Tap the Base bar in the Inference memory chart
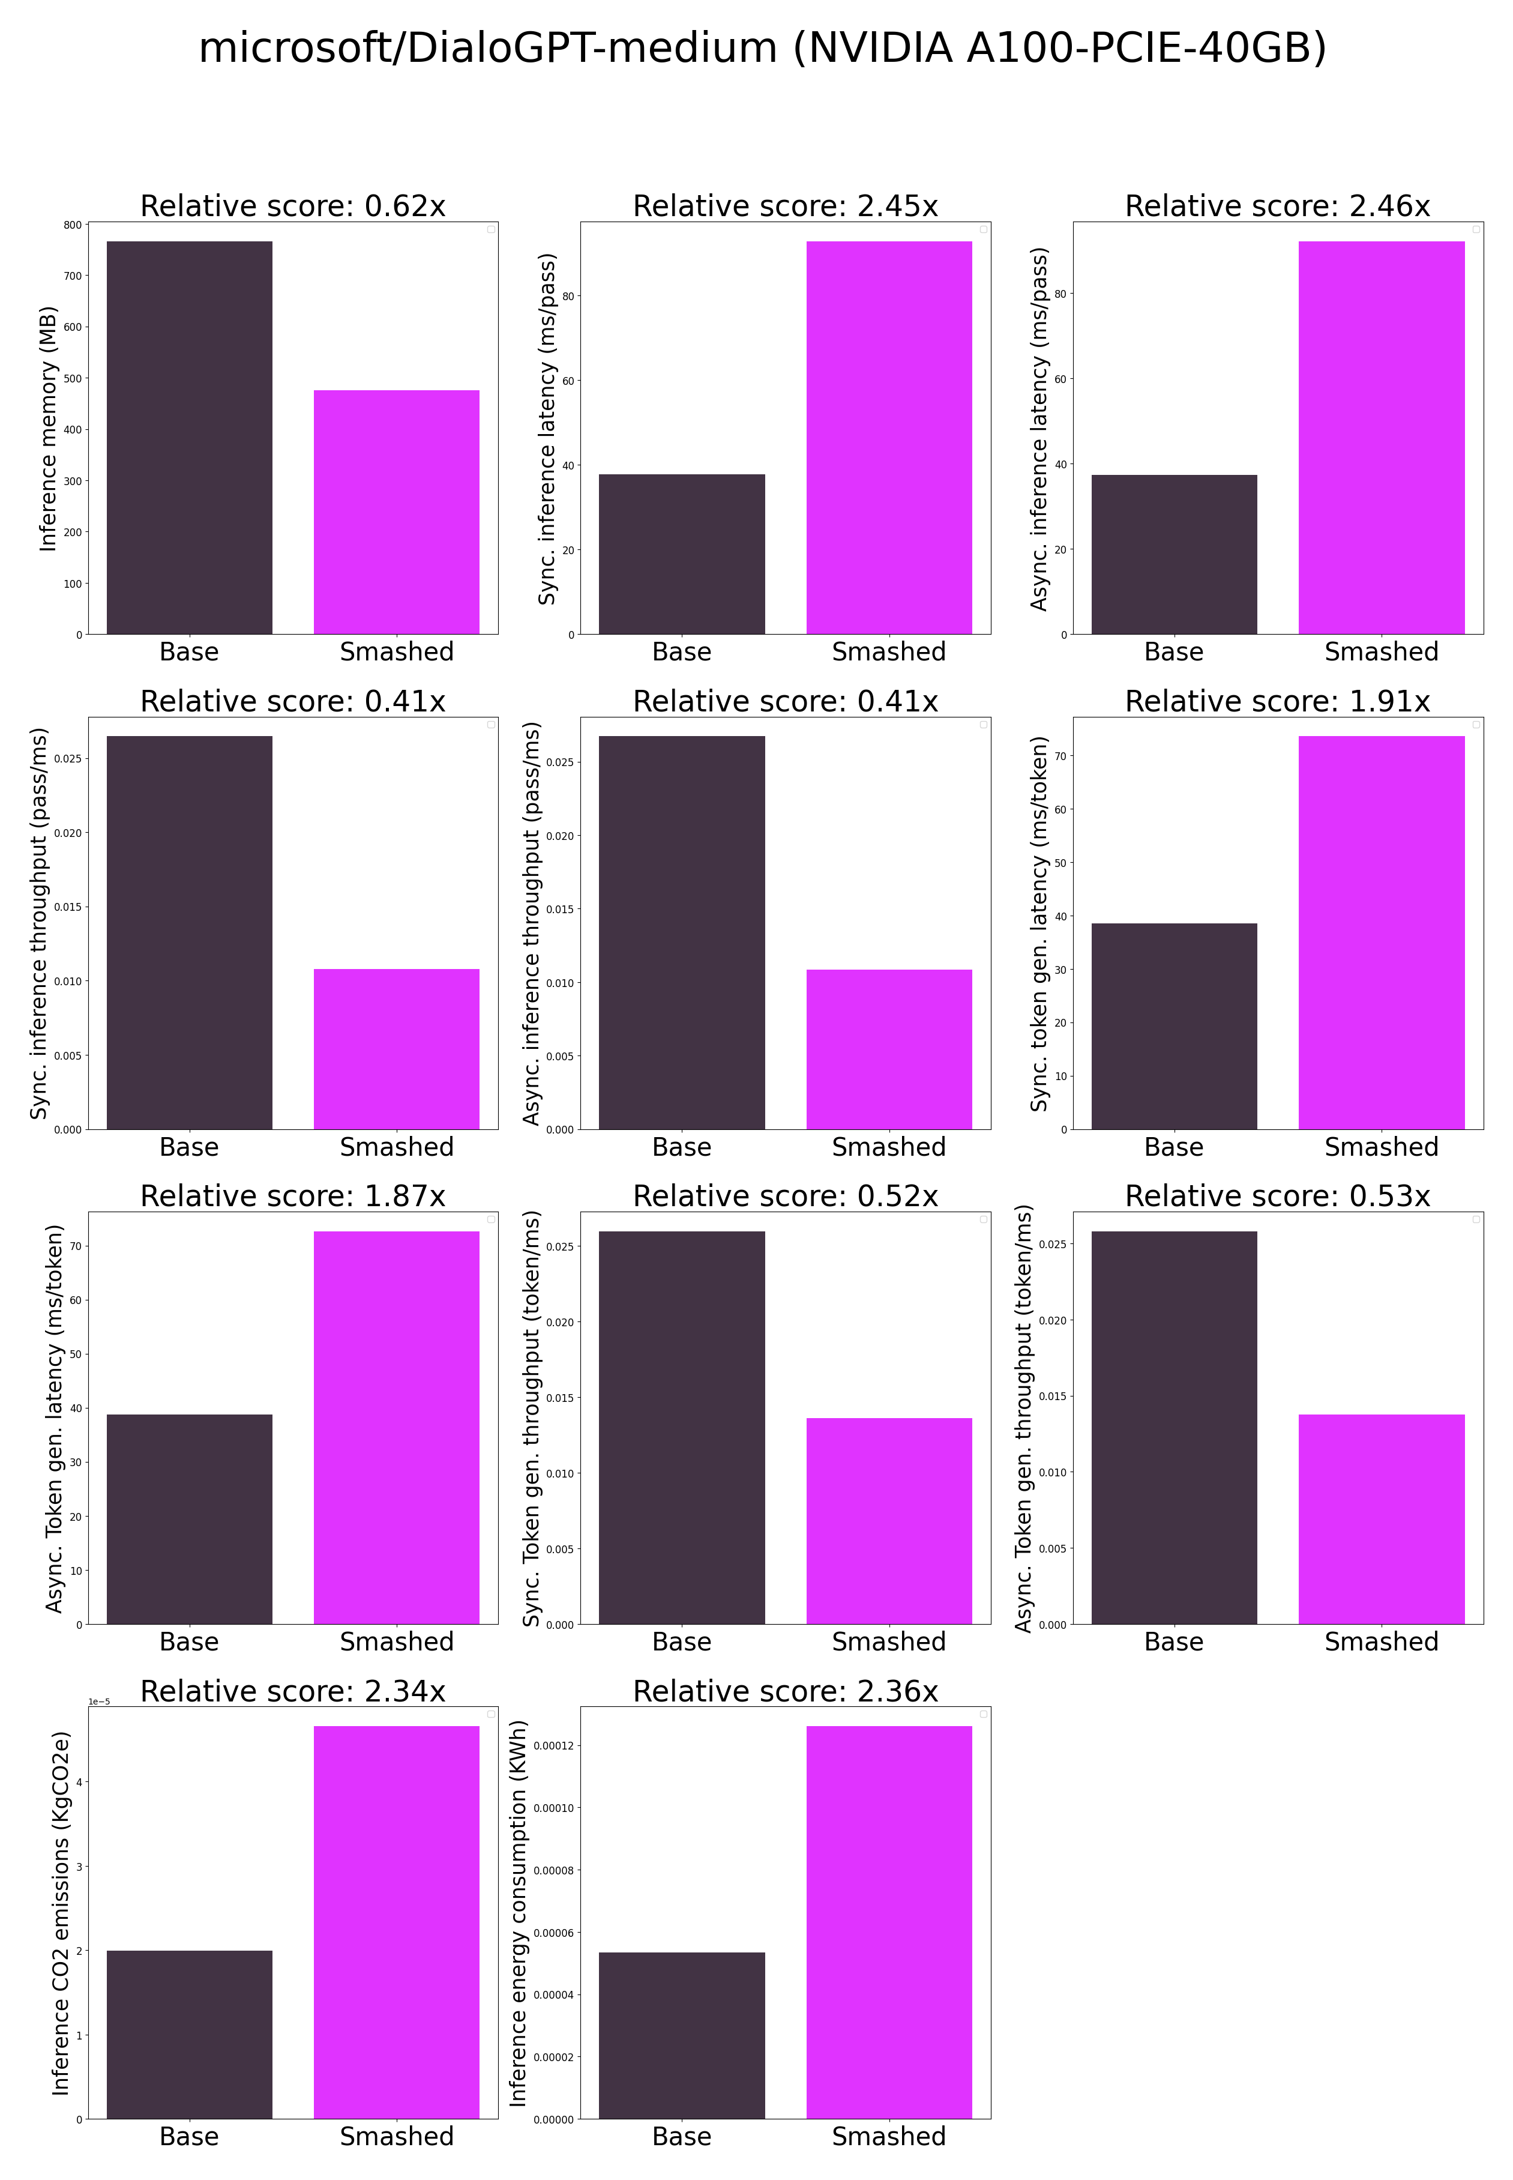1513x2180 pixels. pos(190,438)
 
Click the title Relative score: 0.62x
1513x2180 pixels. pos(293,206)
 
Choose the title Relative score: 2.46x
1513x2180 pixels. pos(1277,206)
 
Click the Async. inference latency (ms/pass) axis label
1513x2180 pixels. pos(1040,429)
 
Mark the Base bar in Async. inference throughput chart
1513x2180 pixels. pos(682,932)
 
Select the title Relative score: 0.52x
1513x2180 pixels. pos(785,1196)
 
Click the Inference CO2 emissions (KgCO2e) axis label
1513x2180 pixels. pos(61,1913)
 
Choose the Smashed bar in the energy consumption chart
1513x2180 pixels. pos(889,1922)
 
